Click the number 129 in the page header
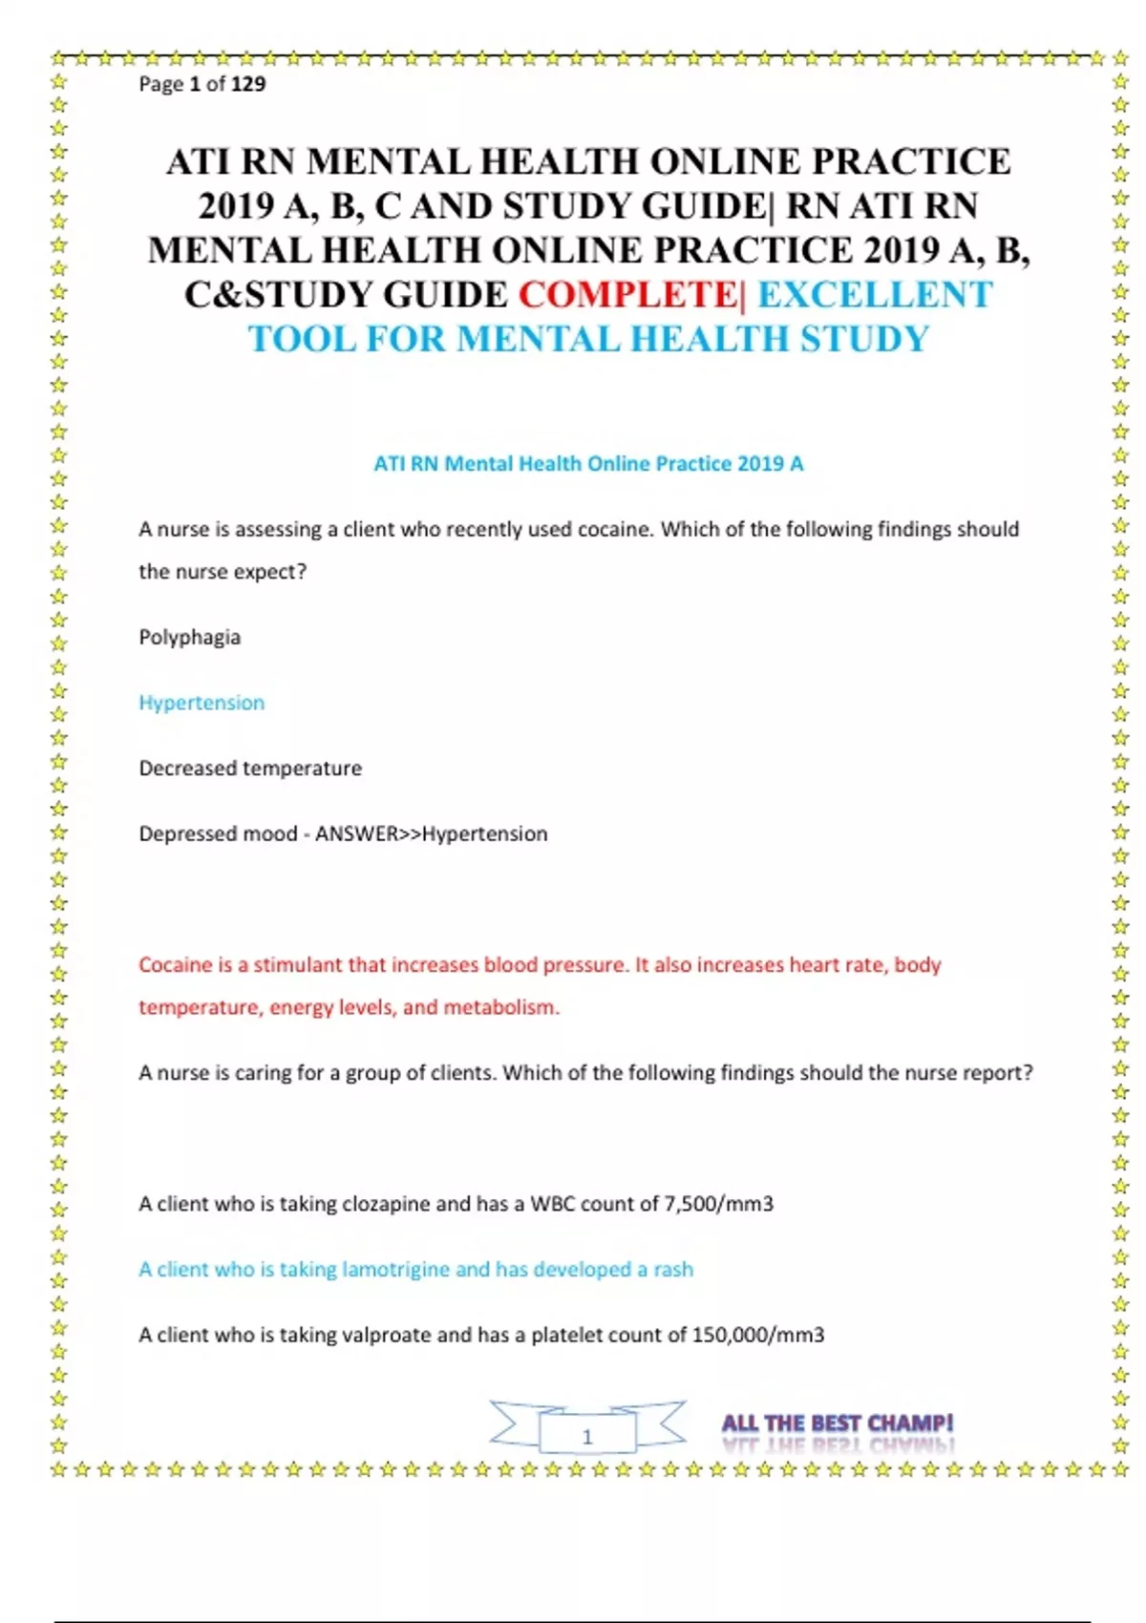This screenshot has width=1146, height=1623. click(x=248, y=84)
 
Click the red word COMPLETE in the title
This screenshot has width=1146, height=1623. click(x=627, y=295)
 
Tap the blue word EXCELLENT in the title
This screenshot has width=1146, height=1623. click(x=875, y=295)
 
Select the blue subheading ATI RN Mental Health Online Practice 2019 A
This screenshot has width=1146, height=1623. click(x=588, y=464)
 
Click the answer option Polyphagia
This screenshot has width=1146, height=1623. click(x=189, y=638)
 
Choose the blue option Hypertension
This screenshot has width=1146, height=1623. click(x=202, y=703)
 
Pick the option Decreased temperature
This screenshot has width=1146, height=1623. click(x=250, y=769)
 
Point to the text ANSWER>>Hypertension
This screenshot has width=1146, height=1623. click(x=432, y=834)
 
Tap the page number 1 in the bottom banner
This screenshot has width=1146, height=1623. click(x=587, y=1436)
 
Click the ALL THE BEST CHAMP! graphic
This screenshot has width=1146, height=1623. click(x=838, y=1424)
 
